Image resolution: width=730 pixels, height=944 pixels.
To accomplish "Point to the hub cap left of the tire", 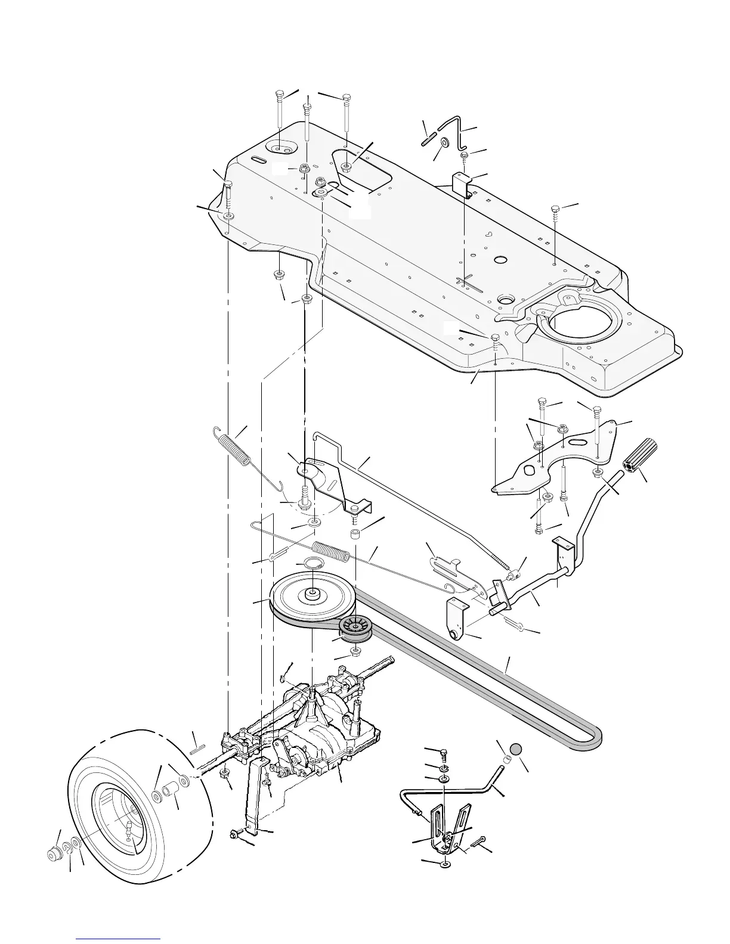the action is point(55,854).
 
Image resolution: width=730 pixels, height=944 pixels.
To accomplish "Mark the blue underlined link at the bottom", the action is point(119,939).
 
